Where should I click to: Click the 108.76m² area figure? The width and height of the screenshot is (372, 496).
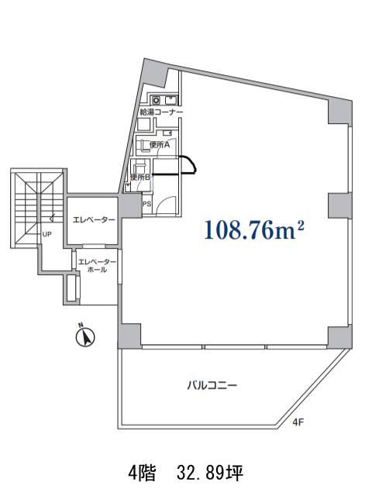point(254,230)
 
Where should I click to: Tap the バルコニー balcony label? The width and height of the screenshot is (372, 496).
point(212,386)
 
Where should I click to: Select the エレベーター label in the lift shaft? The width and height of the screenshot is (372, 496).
point(94,219)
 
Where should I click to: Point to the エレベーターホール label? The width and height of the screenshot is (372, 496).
point(97,266)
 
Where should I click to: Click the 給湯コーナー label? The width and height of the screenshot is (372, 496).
point(161,112)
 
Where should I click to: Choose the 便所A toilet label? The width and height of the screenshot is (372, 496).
point(160,145)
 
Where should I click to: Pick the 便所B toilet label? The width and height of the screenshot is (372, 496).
point(139,177)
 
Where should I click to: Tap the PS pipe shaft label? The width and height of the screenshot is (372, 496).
point(146,204)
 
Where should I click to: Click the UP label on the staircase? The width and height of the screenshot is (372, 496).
point(46,234)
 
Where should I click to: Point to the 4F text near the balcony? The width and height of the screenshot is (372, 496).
point(298,422)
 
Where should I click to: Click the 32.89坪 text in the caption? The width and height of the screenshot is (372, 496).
point(210,474)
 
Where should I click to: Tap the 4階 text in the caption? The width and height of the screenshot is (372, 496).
point(143,474)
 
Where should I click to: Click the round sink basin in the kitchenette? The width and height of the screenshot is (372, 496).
point(157,100)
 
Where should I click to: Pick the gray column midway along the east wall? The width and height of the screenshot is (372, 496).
point(339,205)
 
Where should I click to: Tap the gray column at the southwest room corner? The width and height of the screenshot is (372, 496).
point(129,336)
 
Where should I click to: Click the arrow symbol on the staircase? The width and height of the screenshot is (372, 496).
point(52,218)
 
